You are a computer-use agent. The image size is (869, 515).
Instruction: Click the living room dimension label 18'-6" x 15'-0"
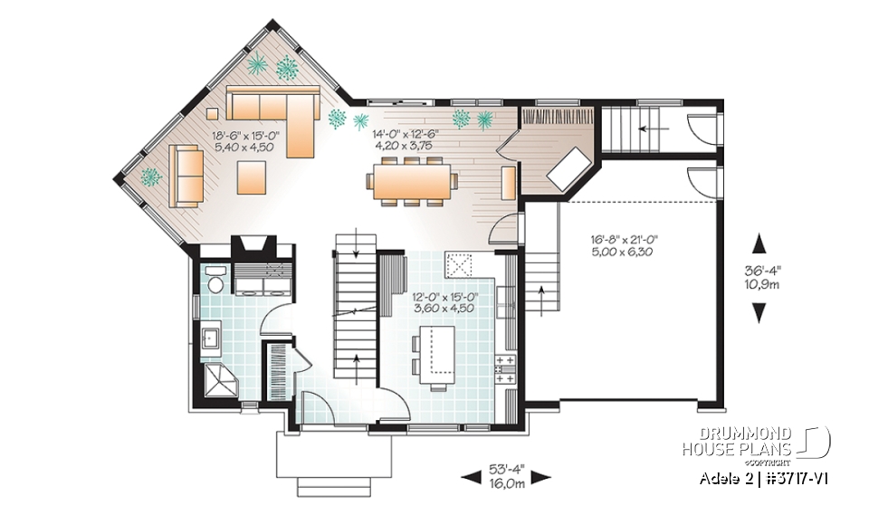pos(245,136)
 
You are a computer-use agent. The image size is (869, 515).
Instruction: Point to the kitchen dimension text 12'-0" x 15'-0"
pos(444,295)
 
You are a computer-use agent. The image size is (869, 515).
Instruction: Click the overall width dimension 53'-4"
pos(506,471)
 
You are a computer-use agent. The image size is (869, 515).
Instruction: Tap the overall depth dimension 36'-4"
pos(759,269)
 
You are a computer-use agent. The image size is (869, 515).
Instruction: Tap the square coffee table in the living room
pos(252,176)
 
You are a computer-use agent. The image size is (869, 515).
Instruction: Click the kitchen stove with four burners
pos(505,367)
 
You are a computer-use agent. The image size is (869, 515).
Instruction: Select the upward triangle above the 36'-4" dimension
pos(759,243)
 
